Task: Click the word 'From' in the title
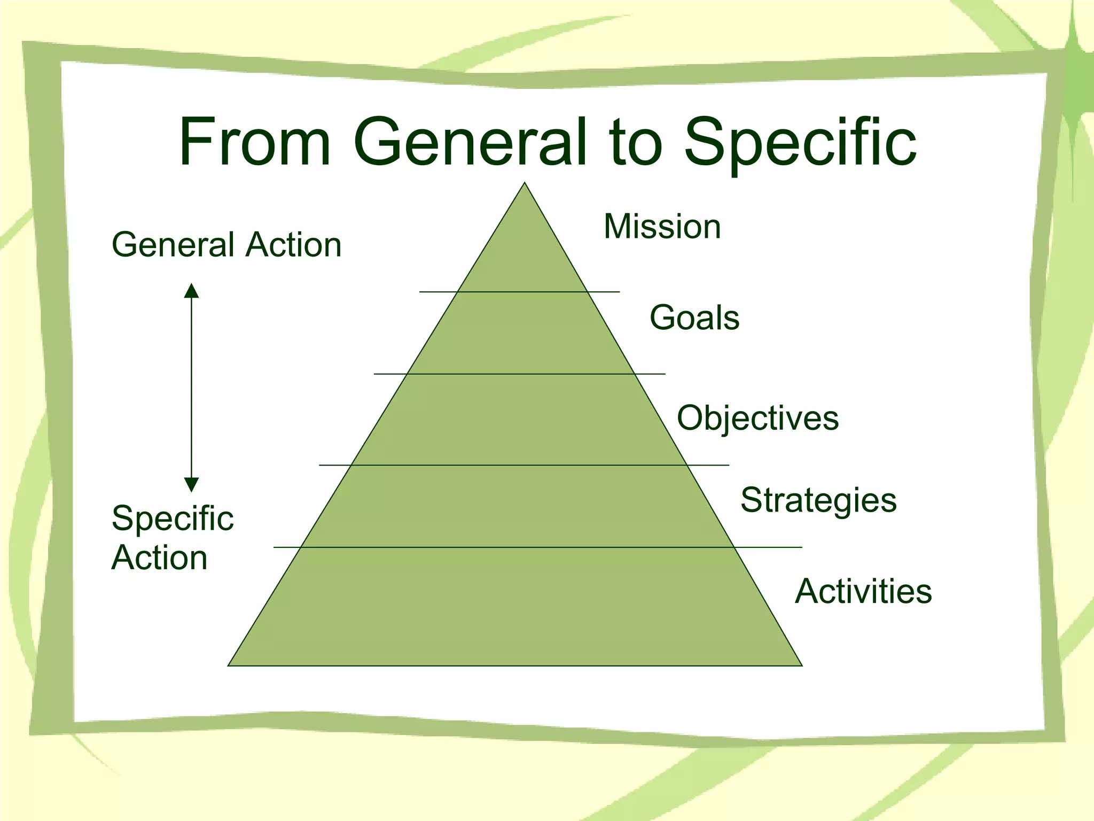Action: coord(255,142)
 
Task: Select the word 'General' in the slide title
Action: coord(470,142)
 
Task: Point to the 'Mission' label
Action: coord(662,227)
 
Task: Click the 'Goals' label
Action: coord(694,317)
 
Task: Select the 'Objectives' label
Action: coord(757,417)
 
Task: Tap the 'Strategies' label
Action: coord(818,501)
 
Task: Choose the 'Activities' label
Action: coord(863,591)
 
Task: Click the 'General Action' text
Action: coord(226,245)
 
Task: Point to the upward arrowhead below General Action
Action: coord(191,291)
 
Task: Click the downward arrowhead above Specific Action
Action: coord(191,485)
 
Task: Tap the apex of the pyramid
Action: coord(525,184)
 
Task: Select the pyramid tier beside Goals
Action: coord(521,334)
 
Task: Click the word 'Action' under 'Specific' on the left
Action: coord(159,558)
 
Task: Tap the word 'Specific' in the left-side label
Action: coord(173,519)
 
